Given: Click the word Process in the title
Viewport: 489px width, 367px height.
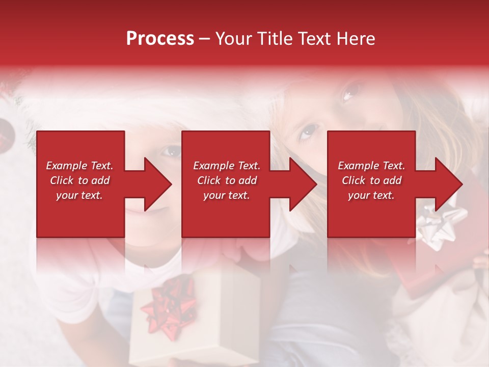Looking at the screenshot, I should pyautogui.click(x=160, y=39).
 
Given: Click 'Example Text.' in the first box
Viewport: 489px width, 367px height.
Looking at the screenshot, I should pyautogui.click(x=79, y=166).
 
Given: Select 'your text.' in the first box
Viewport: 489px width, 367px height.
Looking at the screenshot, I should pyautogui.click(x=79, y=195).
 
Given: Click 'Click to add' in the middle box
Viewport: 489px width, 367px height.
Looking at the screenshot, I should pyautogui.click(x=227, y=180).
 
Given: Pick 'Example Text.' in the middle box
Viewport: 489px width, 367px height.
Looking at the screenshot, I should pyautogui.click(x=227, y=166).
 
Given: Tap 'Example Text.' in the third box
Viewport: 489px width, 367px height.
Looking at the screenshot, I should pyautogui.click(x=371, y=166).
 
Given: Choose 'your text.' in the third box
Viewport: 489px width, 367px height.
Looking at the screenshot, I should pyautogui.click(x=371, y=195).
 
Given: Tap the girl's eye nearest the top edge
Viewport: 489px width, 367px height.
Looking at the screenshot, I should pyautogui.click(x=350, y=92).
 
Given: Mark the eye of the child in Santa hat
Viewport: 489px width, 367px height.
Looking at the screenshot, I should pyautogui.click(x=171, y=151).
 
